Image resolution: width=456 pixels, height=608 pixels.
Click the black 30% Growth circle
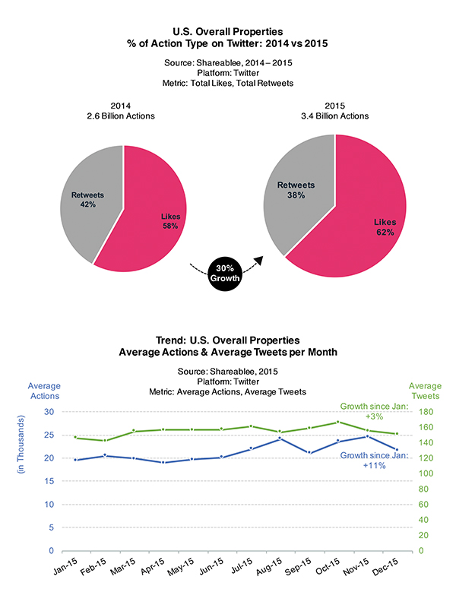tap(224, 274)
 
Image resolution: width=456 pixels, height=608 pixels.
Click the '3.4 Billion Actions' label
tap(335, 116)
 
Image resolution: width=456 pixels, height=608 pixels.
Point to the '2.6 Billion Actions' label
tap(121, 116)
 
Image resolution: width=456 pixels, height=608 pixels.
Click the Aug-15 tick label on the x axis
tap(269, 566)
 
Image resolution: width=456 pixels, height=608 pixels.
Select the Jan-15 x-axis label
tap(65, 566)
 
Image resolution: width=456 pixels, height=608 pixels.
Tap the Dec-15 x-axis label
tap(385, 566)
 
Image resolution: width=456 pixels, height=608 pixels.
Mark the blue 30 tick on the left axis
tap(49, 411)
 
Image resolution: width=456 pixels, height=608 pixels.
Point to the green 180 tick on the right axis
tap(426, 412)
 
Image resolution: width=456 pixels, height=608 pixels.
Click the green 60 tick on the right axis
tap(423, 505)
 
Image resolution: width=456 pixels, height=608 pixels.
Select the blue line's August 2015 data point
tap(280, 439)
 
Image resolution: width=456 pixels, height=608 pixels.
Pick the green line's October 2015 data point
tap(338, 422)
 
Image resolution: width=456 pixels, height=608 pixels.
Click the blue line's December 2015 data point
tap(397, 449)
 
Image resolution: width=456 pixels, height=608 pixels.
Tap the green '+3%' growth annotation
tap(374, 416)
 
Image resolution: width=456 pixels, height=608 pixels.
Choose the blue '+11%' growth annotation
tap(374, 465)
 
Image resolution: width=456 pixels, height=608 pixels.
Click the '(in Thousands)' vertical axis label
tap(21, 445)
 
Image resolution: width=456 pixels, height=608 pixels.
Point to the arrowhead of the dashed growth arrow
tap(258, 260)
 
